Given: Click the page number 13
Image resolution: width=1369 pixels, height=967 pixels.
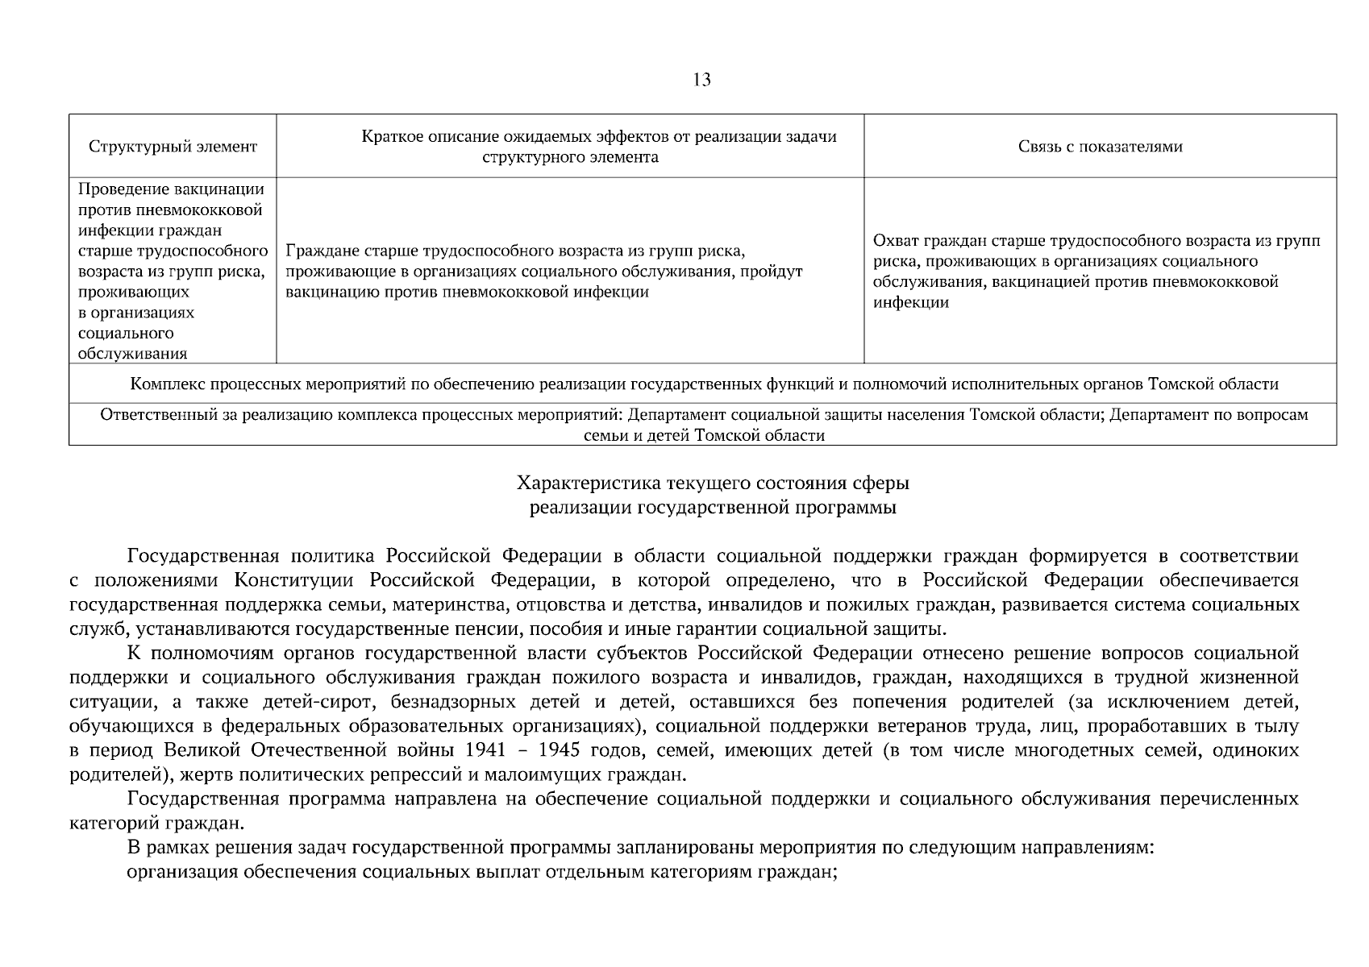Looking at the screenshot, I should [x=701, y=80].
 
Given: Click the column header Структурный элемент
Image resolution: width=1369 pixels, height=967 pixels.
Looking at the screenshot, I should [x=173, y=147].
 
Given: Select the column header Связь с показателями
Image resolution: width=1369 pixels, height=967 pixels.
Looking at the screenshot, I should [x=1100, y=147].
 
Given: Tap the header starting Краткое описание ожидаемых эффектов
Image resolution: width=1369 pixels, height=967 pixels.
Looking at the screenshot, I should [x=570, y=147].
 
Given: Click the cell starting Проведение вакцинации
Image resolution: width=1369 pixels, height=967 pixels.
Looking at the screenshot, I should [x=172, y=271].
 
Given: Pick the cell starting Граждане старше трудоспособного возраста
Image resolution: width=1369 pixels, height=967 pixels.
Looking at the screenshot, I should [x=544, y=271].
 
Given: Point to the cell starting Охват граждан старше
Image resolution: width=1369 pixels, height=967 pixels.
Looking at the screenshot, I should [x=1096, y=272].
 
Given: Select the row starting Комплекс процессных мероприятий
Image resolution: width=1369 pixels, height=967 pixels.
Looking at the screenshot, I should [x=704, y=384].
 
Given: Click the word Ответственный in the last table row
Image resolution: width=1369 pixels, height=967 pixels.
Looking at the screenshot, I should [x=150, y=415].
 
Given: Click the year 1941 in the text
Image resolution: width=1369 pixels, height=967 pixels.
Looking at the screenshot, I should [x=486, y=750].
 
